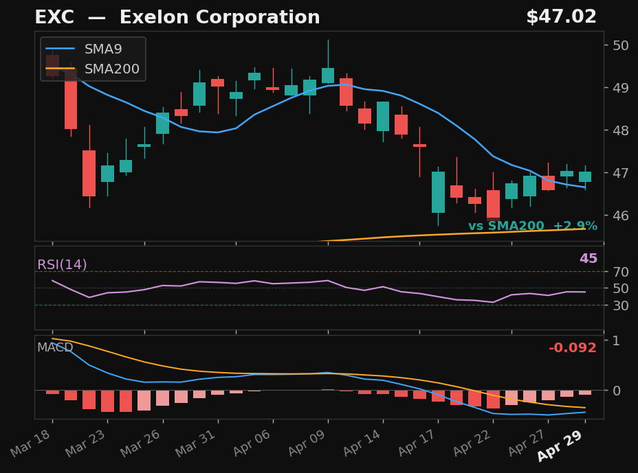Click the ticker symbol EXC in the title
(x=54, y=18)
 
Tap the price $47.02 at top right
(x=561, y=17)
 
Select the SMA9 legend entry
(x=103, y=49)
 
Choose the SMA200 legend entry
(x=111, y=69)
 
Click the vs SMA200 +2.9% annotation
(x=532, y=227)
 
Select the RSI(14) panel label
(x=62, y=265)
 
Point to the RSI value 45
(x=588, y=259)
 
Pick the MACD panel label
(x=55, y=348)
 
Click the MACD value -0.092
(x=572, y=348)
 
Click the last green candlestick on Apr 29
(x=585, y=176)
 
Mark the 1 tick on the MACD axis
(x=616, y=341)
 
